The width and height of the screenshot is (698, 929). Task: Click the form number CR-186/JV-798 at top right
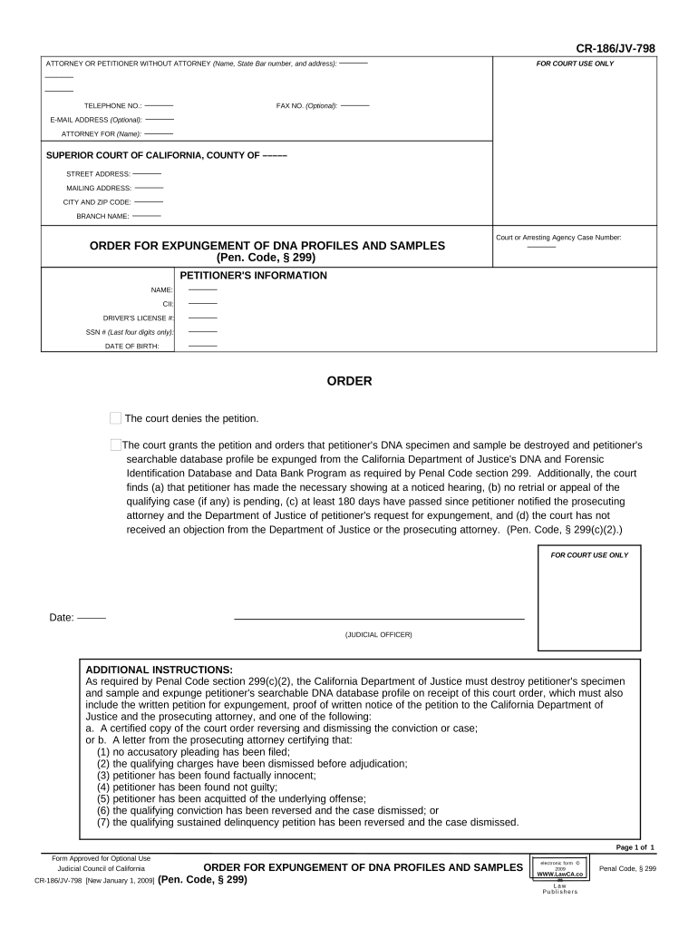click(615, 48)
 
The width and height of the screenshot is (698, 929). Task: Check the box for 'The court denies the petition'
click(115, 418)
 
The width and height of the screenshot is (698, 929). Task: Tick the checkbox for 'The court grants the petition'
click(115, 445)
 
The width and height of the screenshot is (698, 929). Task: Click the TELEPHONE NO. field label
click(112, 106)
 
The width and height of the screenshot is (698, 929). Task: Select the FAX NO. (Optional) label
click(306, 106)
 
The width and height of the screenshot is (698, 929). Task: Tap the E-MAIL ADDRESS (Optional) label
click(96, 120)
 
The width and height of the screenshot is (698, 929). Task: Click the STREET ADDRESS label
click(98, 173)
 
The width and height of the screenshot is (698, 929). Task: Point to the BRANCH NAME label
click(103, 216)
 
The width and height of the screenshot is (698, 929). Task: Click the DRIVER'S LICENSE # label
click(139, 318)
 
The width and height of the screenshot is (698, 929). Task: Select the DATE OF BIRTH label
click(132, 347)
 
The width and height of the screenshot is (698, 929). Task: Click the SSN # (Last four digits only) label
click(130, 332)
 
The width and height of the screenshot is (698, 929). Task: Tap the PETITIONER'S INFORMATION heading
click(253, 276)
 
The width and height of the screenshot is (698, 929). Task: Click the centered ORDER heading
click(349, 382)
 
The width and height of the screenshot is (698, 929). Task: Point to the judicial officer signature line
click(379, 619)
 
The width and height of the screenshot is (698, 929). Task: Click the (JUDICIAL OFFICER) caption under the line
click(378, 634)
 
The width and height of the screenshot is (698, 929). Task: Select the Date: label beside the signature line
click(62, 618)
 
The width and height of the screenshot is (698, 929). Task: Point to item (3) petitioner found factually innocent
click(206, 775)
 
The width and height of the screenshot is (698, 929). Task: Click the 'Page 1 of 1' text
click(635, 847)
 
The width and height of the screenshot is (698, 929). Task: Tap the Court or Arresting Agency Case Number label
click(557, 238)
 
